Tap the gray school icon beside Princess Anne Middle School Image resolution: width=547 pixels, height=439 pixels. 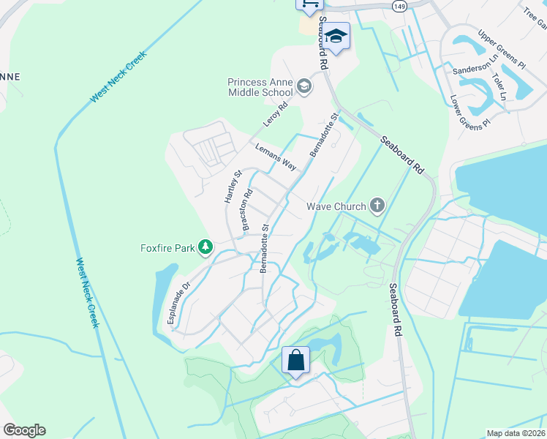click(304, 88)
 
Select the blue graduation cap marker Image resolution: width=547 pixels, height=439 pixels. click(336, 36)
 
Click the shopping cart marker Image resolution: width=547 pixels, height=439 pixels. click(309, 4)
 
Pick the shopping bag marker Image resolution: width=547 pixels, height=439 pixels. click(296, 360)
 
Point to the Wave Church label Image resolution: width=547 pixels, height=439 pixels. click(336, 206)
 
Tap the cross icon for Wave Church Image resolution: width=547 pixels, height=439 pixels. click(377, 206)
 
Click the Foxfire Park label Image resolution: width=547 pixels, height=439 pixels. click(167, 248)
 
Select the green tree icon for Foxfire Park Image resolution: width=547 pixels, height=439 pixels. click(207, 248)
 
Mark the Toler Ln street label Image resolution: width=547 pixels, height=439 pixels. click(500, 86)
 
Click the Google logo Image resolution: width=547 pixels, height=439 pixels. click(24, 430)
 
